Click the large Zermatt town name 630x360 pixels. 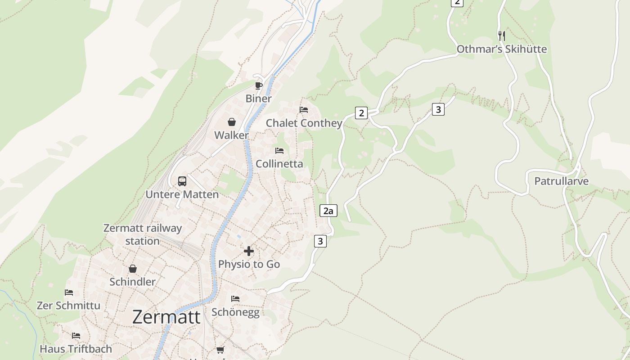[166, 317]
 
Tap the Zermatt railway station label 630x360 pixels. [142, 234]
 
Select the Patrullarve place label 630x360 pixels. [561, 181]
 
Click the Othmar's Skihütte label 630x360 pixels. [502, 49]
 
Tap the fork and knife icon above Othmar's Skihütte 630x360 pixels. [502, 36]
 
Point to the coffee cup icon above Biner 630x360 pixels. [258, 85]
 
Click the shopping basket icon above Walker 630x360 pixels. [231, 122]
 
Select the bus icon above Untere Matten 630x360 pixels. [182, 181]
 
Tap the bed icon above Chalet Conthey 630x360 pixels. [304, 110]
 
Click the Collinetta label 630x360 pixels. [279, 164]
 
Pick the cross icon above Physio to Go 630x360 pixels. [249, 251]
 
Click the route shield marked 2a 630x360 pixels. [328, 211]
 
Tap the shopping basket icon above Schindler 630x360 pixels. [132, 269]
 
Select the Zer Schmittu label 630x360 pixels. [68, 306]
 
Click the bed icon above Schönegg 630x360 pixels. [235, 299]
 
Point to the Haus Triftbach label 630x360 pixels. [76, 349]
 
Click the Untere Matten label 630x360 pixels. [182, 194]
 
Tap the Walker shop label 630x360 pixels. [231, 135]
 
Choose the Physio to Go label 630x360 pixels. [249, 264]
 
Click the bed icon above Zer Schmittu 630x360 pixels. [68, 292]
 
